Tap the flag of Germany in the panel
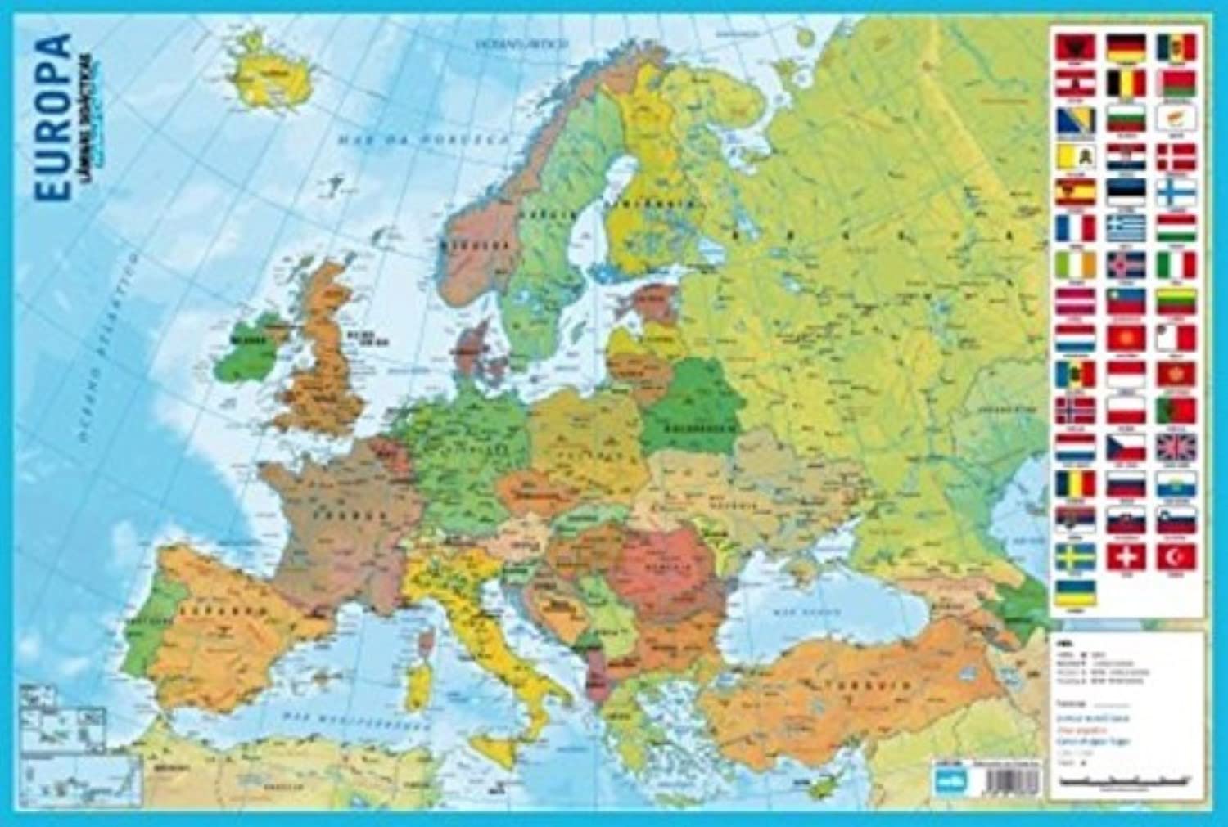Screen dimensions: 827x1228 1126,47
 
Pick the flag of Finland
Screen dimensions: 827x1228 1176,193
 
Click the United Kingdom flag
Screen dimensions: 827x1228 1176,447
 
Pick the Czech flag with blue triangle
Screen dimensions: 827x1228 1126,447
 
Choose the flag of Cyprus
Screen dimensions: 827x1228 1176,120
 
